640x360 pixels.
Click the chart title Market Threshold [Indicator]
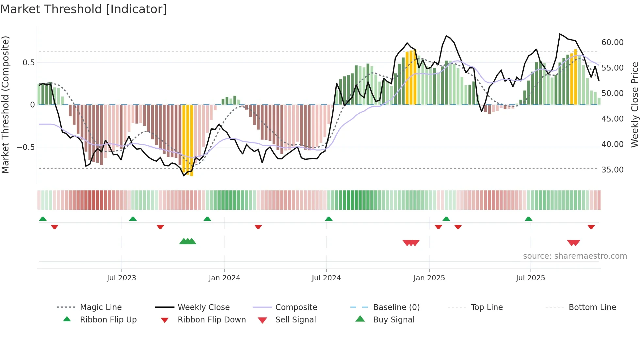[84, 9]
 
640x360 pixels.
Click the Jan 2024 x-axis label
[224, 278]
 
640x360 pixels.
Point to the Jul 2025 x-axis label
[530, 278]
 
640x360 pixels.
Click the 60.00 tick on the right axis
[612, 42]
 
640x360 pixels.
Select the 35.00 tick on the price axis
[612, 170]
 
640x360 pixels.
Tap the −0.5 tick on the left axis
[26, 147]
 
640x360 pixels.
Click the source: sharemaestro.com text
[575, 256]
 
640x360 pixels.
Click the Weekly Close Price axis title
[634, 105]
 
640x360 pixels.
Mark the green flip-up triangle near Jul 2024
[329, 219]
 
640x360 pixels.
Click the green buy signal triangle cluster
[188, 241]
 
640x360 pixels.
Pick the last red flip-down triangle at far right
[591, 227]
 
